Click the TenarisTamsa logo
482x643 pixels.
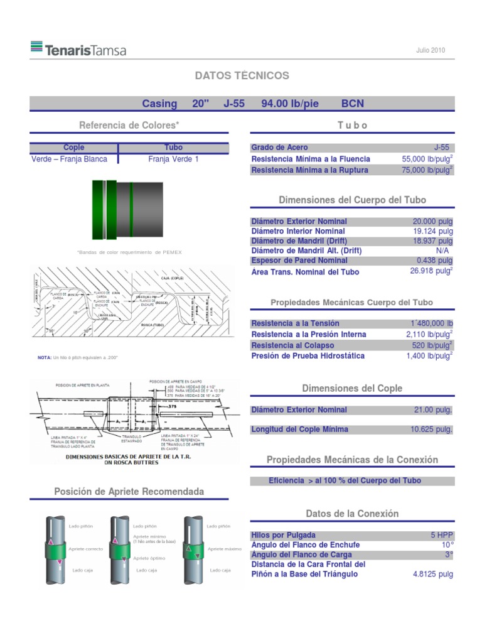click(78, 49)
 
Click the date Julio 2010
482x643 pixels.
click(431, 50)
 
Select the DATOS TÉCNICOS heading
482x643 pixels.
click(242, 75)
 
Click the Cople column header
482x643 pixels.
click(74, 148)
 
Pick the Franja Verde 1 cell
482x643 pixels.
click(173, 159)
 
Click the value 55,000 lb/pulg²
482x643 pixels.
click(427, 159)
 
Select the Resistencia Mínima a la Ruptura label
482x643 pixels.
click(311, 170)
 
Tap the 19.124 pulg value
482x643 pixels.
click(432, 231)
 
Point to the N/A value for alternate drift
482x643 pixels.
click(442, 251)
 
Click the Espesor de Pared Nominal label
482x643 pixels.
click(299, 261)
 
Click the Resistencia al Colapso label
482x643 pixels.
click(292, 345)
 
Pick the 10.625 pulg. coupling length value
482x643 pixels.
click(431, 430)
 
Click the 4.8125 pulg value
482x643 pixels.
click(432, 574)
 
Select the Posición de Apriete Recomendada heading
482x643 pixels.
click(129, 491)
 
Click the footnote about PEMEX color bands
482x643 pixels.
click(129, 252)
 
